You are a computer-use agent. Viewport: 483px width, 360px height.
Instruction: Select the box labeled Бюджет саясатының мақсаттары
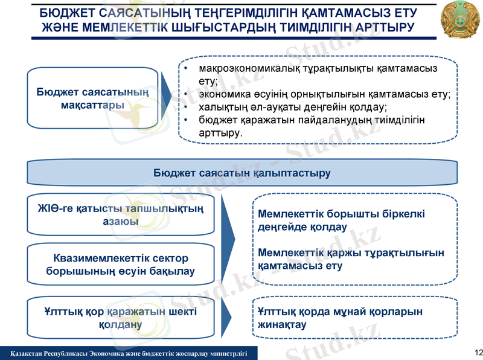93,98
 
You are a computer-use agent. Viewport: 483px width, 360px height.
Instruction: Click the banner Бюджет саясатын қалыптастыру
241,173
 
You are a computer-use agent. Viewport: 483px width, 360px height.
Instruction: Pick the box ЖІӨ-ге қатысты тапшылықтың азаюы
121,215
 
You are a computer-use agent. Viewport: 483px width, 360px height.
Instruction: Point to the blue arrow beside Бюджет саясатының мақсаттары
165,97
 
